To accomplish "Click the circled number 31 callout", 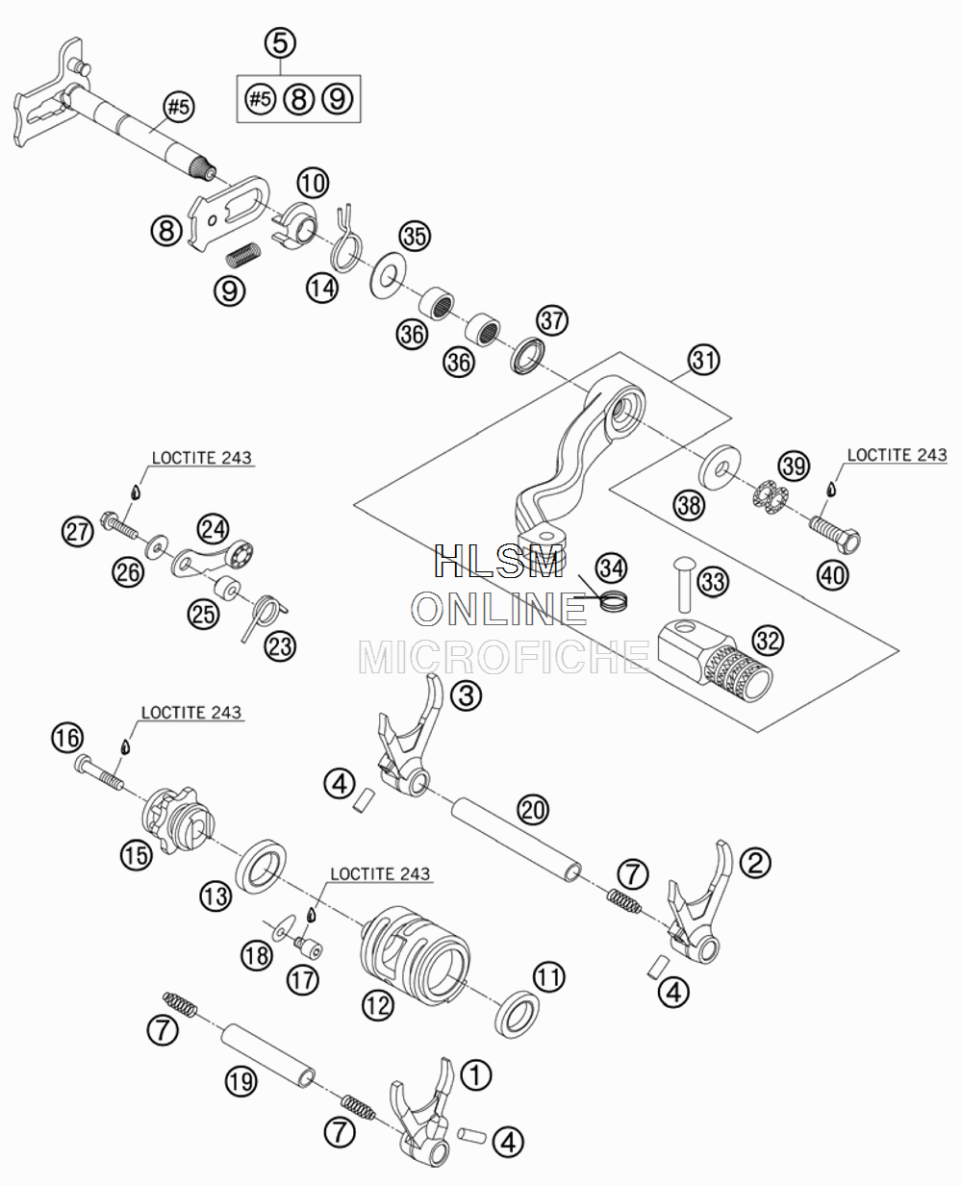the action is (703, 360).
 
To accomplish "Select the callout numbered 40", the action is (833, 574).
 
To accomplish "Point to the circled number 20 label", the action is (533, 809).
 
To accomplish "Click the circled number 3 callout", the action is (466, 694).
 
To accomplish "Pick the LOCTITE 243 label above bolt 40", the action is (897, 455).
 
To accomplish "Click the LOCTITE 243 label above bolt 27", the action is (201, 458).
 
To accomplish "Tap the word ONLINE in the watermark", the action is (499, 608).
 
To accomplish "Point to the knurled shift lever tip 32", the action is (716, 661).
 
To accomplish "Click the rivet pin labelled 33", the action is (685, 584).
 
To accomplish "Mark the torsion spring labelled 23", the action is (264, 618).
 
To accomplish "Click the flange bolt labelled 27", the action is (118, 525).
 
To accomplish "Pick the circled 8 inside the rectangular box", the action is (299, 100).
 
